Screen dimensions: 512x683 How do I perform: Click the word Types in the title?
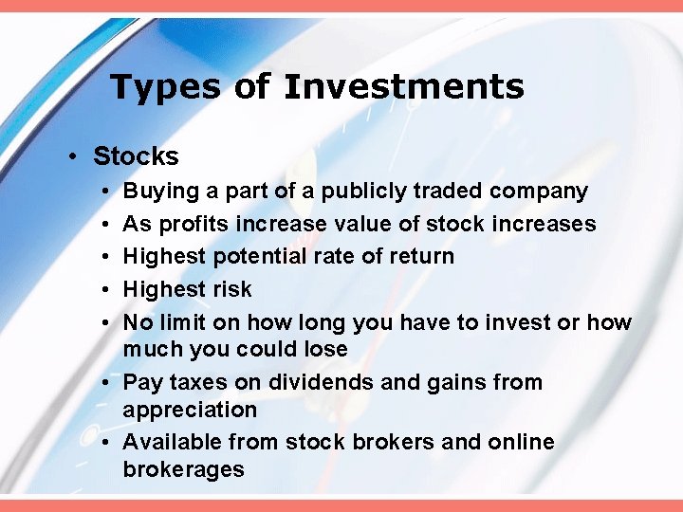coord(165,87)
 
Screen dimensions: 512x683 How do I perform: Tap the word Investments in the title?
coord(403,87)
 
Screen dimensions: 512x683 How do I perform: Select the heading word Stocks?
coord(136,155)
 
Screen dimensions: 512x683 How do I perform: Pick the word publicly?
coord(365,192)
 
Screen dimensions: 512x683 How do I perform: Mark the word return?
coord(418,256)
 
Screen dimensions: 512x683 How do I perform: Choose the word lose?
coord(323,349)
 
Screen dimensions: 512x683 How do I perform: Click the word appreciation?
coord(190,410)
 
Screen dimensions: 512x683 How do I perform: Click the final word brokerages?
coord(183,468)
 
